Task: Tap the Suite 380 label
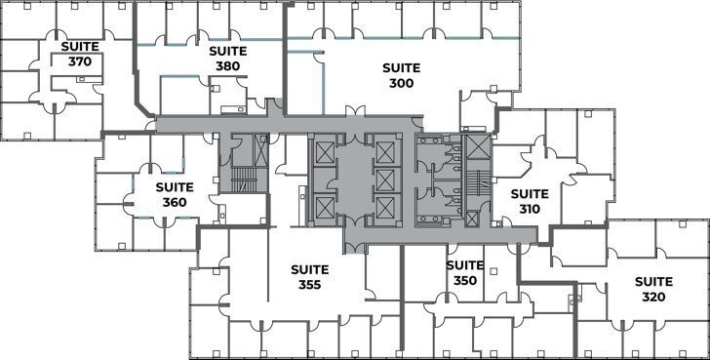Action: [225, 58]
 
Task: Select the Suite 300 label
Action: [400, 75]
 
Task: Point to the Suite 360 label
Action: [174, 194]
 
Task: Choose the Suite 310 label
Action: [531, 201]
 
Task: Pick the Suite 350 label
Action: [465, 272]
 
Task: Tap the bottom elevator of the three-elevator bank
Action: [385, 206]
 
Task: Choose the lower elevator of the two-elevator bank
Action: [323, 206]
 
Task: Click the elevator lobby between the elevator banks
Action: [354, 180]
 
